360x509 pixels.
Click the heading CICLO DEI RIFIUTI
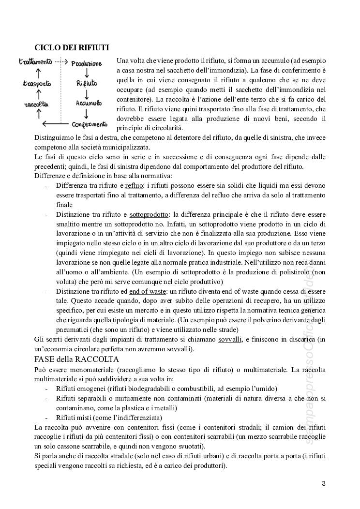point(72,47)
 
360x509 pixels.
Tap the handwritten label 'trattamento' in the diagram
point(35,62)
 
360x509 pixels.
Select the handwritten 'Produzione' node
point(87,63)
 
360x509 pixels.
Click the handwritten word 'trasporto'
point(37,84)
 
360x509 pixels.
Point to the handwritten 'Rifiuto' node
point(87,83)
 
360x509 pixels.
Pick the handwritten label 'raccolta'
point(36,104)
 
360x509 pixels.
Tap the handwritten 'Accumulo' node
point(89,103)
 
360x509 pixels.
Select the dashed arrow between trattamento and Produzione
point(60,62)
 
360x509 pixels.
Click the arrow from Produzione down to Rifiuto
point(86,73)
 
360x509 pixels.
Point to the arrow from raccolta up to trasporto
point(36,94)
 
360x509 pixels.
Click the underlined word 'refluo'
point(134,186)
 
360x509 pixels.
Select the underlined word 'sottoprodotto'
point(150,214)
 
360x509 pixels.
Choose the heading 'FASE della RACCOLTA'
point(76,359)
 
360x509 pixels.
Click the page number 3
point(324,483)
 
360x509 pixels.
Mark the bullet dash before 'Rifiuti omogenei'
point(46,389)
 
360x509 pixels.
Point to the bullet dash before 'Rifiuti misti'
point(46,418)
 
